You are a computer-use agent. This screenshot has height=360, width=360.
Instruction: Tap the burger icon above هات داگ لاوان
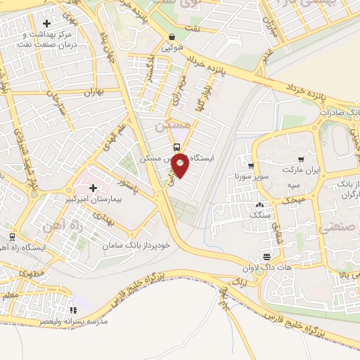pyautogui.click(x=265, y=257)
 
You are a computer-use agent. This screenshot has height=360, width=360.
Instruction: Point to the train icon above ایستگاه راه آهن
pyautogui.click(x=12, y=236)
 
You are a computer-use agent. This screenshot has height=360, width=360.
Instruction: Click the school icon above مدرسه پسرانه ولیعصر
pyautogui.click(x=73, y=309)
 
